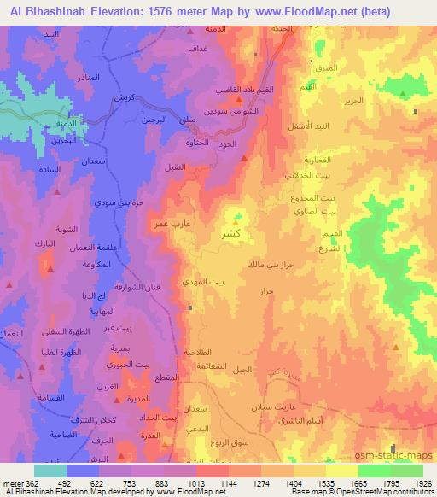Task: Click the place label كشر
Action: point(241,233)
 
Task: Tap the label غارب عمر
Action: point(172,224)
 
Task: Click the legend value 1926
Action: point(423,483)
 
